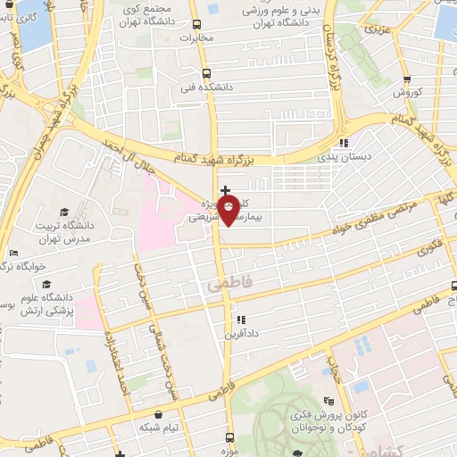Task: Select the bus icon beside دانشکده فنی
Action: click(206, 74)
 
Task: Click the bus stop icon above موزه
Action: click(230, 437)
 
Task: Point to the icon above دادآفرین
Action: click(241, 320)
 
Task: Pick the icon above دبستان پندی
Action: click(344, 143)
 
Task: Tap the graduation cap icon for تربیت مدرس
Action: click(63, 211)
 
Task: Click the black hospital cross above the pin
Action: click(225, 190)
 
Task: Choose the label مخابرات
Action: click(199, 38)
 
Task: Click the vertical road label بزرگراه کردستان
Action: click(329, 46)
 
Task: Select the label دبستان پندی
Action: click(344, 157)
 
